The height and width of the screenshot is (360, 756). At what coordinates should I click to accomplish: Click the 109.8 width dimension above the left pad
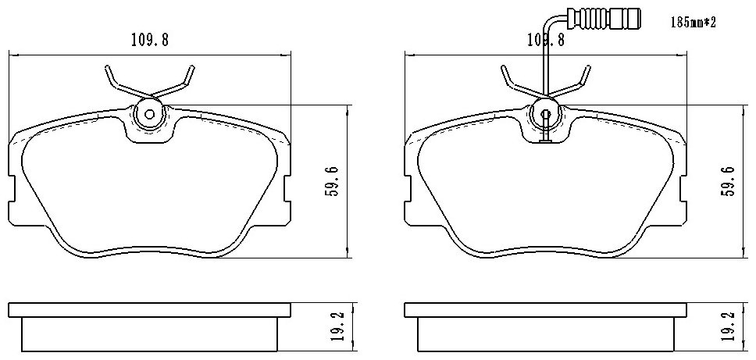click(149, 40)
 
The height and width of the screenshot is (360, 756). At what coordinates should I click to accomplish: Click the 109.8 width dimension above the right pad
click(545, 40)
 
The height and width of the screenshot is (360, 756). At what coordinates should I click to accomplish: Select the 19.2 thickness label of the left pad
click(338, 326)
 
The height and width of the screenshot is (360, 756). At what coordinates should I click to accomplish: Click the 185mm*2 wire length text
click(694, 23)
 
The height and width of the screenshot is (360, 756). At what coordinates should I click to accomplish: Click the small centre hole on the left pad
click(149, 115)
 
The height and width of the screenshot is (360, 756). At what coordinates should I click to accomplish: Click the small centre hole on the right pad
click(546, 115)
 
